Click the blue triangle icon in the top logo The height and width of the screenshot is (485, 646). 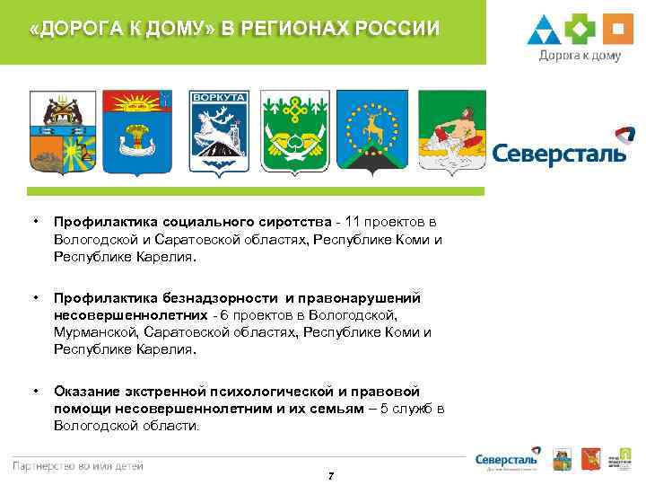pos(546,30)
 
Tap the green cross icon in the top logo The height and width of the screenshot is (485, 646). pos(581,29)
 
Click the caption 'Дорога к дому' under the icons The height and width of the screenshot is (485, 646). pos(580,55)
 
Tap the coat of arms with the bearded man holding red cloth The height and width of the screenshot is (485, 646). pos(453,132)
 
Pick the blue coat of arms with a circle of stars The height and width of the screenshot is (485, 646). pos(372,132)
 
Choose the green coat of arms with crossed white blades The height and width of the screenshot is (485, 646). pos(295,132)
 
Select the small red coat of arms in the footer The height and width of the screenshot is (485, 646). pos(589,458)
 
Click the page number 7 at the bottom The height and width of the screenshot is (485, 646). pos(331,474)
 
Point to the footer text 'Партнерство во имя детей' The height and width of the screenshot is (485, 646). pos(77,465)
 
